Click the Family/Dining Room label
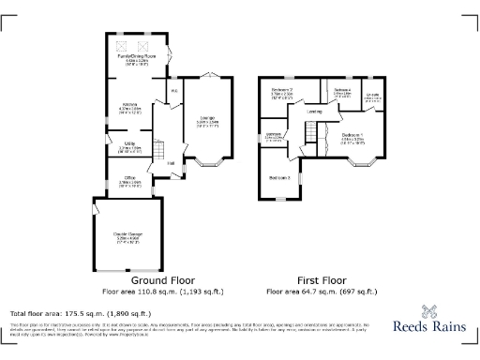137,56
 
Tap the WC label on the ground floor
174,91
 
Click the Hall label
172,163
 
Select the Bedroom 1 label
353,135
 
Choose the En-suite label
373,94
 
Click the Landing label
315,112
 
